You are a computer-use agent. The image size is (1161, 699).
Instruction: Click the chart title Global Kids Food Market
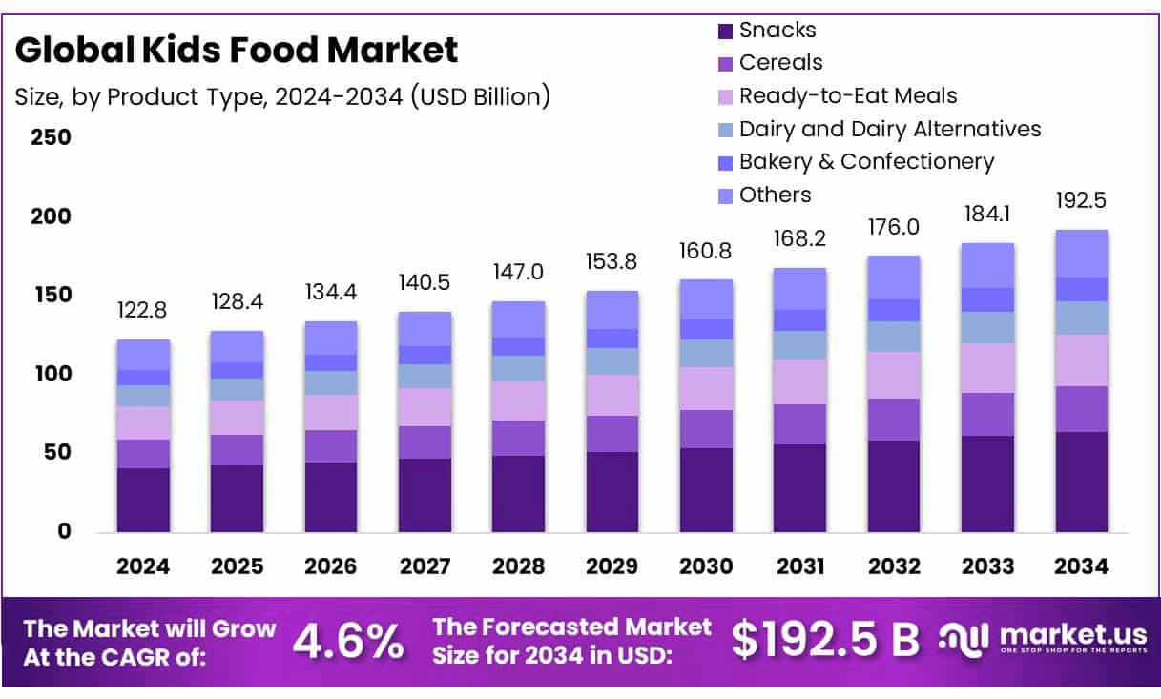click(x=237, y=50)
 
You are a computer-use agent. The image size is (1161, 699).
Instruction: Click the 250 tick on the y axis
click(x=52, y=137)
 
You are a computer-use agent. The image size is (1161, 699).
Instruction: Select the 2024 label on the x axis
click(x=143, y=566)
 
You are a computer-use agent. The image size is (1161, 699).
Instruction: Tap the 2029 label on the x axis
click(x=612, y=566)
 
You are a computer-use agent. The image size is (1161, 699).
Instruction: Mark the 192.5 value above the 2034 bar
click(x=1082, y=201)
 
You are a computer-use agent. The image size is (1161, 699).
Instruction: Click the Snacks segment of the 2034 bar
click(x=1082, y=482)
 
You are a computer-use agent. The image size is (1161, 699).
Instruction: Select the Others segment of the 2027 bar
click(x=425, y=329)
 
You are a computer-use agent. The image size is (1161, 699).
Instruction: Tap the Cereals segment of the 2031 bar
click(x=800, y=424)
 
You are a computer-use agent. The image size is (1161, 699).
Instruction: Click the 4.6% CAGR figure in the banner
click(x=348, y=642)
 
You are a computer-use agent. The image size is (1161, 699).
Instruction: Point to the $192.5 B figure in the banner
click(x=825, y=642)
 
